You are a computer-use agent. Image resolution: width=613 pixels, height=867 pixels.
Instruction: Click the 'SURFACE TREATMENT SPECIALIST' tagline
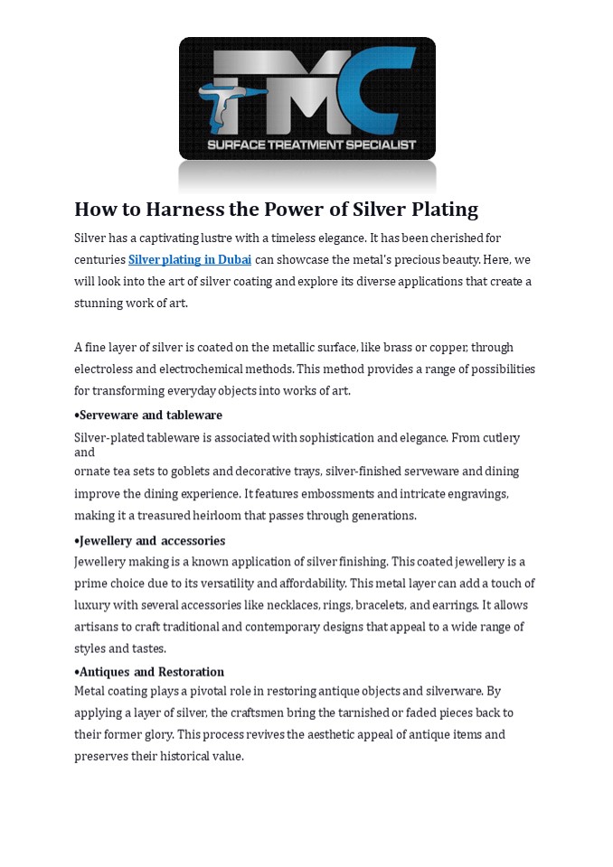pyautogui.click(x=312, y=144)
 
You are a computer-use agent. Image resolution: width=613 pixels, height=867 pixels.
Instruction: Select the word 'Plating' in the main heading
pyautogui.click(x=439, y=210)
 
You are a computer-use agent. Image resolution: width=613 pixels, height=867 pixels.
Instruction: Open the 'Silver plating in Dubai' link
pyautogui.click(x=190, y=260)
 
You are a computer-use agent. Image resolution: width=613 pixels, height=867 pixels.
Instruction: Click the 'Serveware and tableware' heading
pyautogui.click(x=150, y=415)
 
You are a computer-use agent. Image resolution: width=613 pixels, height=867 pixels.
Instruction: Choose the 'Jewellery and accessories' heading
pyautogui.click(x=152, y=541)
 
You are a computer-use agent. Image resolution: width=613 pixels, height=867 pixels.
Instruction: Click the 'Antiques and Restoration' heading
pyautogui.click(x=151, y=672)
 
